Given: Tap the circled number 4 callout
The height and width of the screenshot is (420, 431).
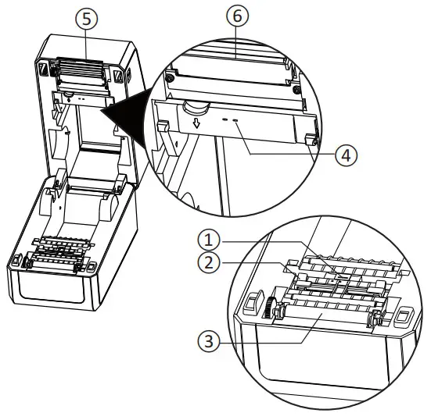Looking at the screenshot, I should (346, 155).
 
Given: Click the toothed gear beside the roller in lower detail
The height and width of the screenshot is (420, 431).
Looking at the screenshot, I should (275, 309).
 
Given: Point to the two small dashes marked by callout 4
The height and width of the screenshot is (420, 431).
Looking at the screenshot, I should (229, 120).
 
